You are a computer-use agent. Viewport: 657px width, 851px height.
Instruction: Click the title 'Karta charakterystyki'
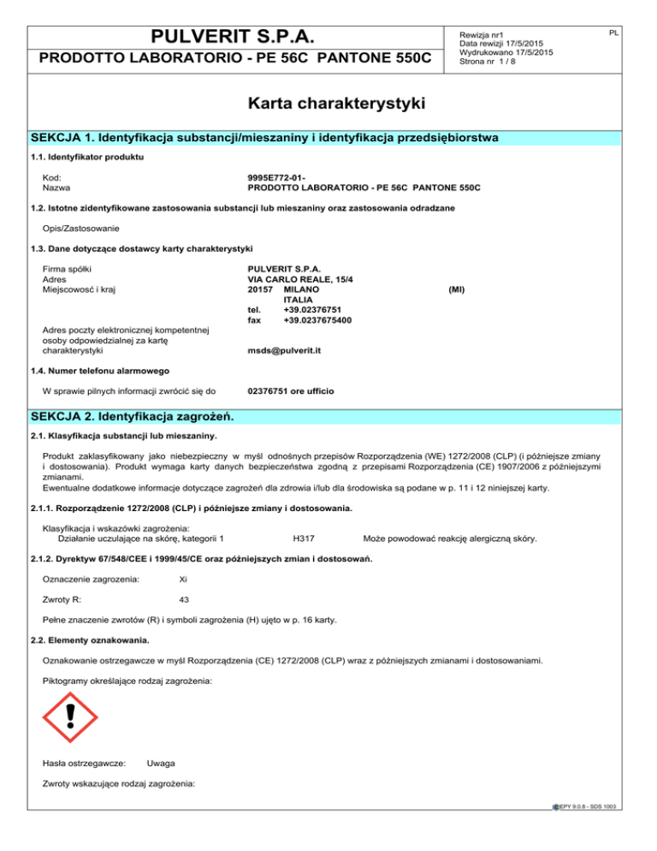[328, 104]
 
